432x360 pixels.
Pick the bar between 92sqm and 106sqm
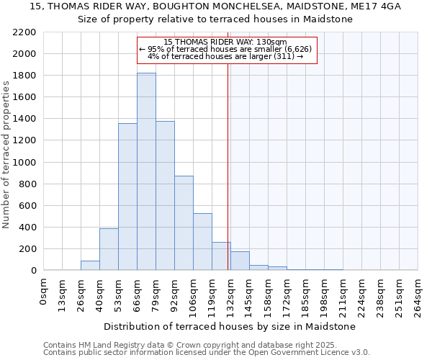[184, 223]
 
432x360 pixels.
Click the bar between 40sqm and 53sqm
[109, 249]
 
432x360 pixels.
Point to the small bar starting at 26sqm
[90, 266]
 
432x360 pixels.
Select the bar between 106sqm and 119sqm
[202, 242]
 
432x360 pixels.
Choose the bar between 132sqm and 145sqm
[240, 261]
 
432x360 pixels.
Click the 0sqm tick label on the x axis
[44, 292]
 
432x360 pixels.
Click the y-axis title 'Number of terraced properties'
[6, 155]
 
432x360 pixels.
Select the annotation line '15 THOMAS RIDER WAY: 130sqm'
[225, 42]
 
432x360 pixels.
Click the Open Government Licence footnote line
[207, 353]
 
